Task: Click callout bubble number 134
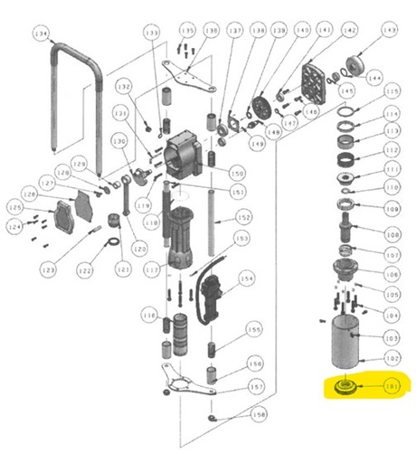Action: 40,34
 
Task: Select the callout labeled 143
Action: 390,30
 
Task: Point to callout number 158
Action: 259,416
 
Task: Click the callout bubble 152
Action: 243,217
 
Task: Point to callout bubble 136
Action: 210,31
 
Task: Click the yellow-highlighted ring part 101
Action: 344,387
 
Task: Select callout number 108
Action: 392,232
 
